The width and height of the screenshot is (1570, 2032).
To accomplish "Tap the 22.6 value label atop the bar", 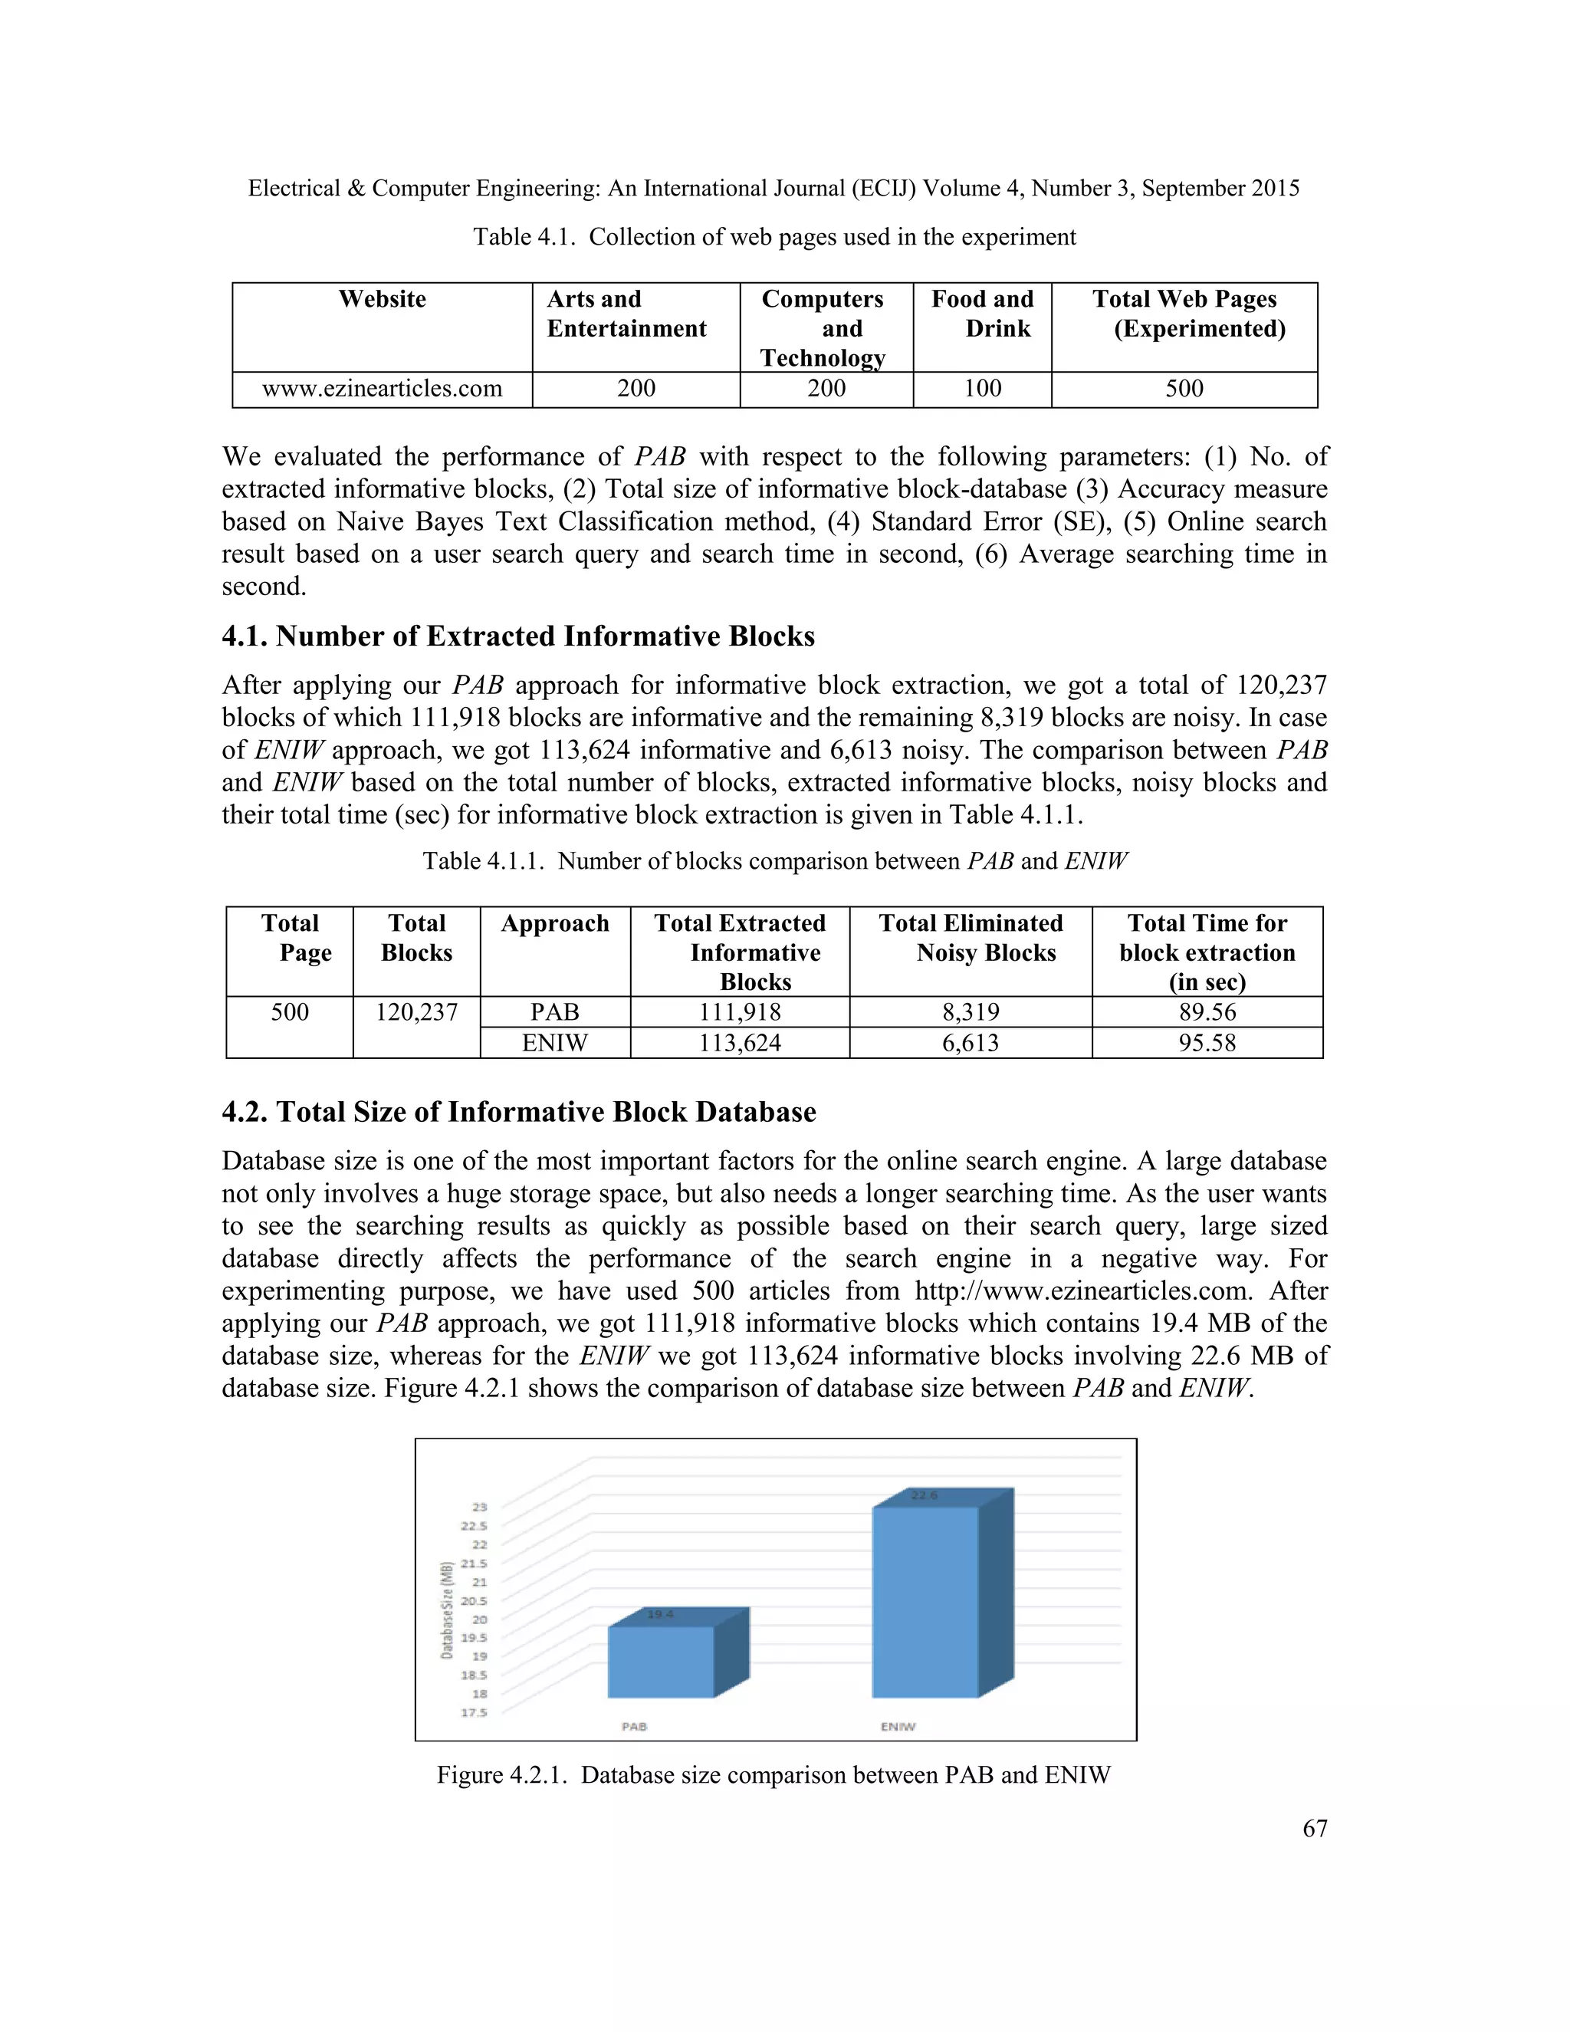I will pyautogui.click(x=925, y=1495).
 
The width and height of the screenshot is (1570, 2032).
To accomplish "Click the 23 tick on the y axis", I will pyautogui.click(x=480, y=1508).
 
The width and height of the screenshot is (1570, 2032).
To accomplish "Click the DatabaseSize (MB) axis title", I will pyautogui.click(x=448, y=1609).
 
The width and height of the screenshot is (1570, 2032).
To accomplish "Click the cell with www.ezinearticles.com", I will pyautogui.click(x=383, y=389).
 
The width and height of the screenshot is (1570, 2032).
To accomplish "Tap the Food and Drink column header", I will pyautogui.click(x=982, y=314).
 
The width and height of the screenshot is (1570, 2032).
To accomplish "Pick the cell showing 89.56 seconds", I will pyautogui.click(x=1207, y=1012).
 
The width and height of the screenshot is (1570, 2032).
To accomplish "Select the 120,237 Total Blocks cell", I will pyautogui.click(x=417, y=1012).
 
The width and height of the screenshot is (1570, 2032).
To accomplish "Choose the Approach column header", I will pyautogui.click(x=554, y=924).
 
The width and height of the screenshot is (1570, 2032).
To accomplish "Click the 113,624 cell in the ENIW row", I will pyautogui.click(x=740, y=1043).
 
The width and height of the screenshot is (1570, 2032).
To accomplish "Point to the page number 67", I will pyautogui.click(x=1314, y=1828).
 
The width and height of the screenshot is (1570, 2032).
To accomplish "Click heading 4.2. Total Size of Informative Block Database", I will pyautogui.click(x=518, y=1112).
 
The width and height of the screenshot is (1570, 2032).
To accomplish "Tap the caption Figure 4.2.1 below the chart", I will pyautogui.click(x=774, y=1775).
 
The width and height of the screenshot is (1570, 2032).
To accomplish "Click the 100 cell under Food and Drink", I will pyautogui.click(x=982, y=389).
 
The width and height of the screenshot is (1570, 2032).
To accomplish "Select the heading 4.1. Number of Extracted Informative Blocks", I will pyautogui.click(x=518, y=636).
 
